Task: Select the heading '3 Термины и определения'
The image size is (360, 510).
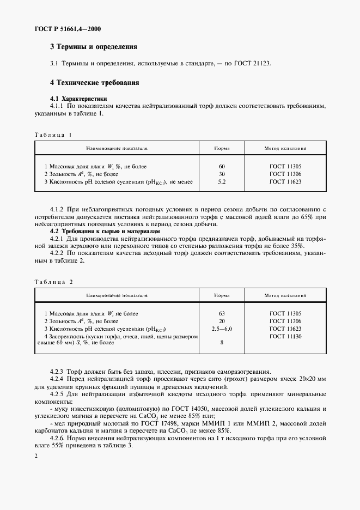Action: pos(93,47)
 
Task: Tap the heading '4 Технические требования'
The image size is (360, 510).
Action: pos(95,83)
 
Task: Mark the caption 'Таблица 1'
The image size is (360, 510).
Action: pos(53,135)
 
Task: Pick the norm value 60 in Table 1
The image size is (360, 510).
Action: pos(222,166)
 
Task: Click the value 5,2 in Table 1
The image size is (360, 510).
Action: pos(222,181)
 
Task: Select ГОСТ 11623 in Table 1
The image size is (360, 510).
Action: pos(285,181)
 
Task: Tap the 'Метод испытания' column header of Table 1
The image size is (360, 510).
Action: pos(285,148)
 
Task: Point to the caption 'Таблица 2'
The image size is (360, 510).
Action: pos(53,282)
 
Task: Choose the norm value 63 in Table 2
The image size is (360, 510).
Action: pos(222,314)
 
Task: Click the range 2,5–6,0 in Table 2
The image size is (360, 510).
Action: pos(222,329)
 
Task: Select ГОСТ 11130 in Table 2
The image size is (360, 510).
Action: pos(285,337)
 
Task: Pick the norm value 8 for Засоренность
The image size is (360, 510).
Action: pos(222,343)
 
